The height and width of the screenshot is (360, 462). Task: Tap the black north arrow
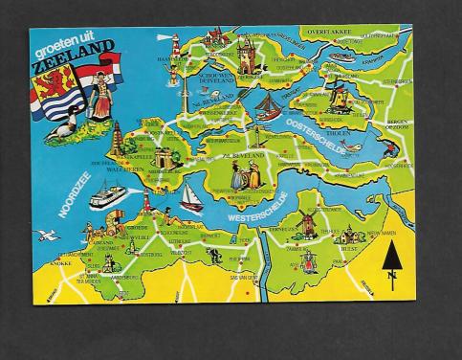coord(391,259)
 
